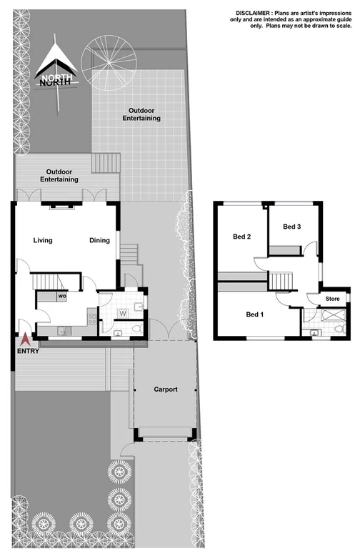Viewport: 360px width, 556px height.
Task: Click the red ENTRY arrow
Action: pos(26,340)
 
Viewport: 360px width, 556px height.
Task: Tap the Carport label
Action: pos(165,389)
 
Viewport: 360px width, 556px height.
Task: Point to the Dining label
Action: pos(99,240)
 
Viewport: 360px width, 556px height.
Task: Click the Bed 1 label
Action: pos(254,314)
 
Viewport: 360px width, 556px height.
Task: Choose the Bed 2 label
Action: pos(241,237)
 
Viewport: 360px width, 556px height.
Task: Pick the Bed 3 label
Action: pos(291,227)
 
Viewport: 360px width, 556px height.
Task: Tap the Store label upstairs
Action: pos(333,298)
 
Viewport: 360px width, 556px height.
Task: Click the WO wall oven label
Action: pos(62,296)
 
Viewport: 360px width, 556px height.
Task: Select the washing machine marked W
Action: pos(123,312)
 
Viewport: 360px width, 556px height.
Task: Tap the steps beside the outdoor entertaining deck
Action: pos(106,163)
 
